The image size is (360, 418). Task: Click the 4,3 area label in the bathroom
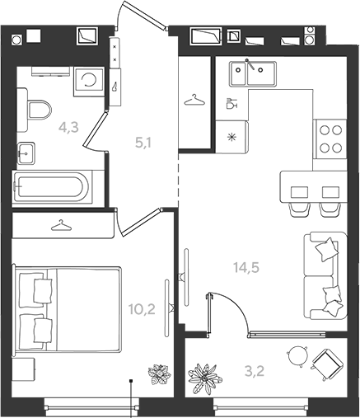(x=68, y=128)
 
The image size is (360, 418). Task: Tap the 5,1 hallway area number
(x=143, y=143)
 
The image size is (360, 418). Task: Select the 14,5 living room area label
(x=246, y=267)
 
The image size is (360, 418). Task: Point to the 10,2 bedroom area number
(x=142, y=309)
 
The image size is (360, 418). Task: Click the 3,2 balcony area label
(x=255, y=371)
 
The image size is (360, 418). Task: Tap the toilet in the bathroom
(x=36, y=110)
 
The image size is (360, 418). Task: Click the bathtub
(x=52, y=187)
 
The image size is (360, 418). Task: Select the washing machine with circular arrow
(x=89, y=82)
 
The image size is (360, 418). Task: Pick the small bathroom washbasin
(x=26, y=153)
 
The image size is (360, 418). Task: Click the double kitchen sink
(x=253, y=73)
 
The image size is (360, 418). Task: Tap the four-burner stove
(x=330, y=139)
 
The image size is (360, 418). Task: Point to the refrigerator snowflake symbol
(x=232, y=137)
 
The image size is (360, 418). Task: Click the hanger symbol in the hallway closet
(x=194, y=100)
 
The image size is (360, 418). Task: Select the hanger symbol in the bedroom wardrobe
(x=61, y=225)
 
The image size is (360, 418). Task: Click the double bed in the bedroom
(x=67, y=309)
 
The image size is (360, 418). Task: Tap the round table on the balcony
(x=297, y=355)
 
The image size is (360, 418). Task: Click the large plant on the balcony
(x=205, y=378)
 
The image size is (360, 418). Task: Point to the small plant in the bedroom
(x=159, y=374)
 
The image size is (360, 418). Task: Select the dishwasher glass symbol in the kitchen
(x=231, y=104)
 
